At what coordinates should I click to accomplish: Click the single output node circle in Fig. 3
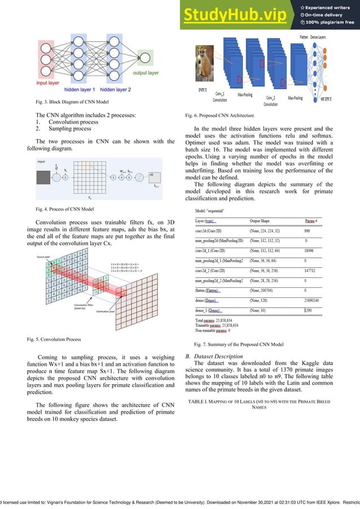pos(145,58)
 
